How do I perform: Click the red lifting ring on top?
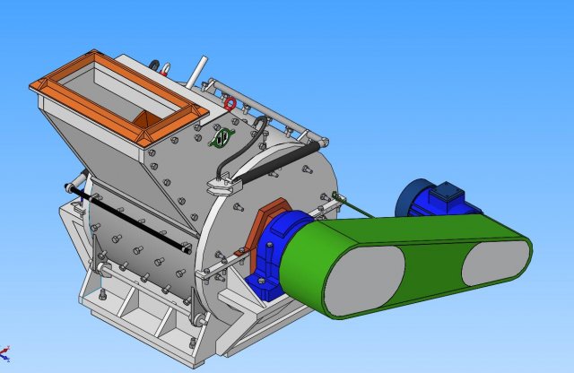230,104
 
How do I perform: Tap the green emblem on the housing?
223,137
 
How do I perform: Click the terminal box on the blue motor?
446,192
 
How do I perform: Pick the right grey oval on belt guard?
496,264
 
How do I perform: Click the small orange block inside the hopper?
143,118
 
